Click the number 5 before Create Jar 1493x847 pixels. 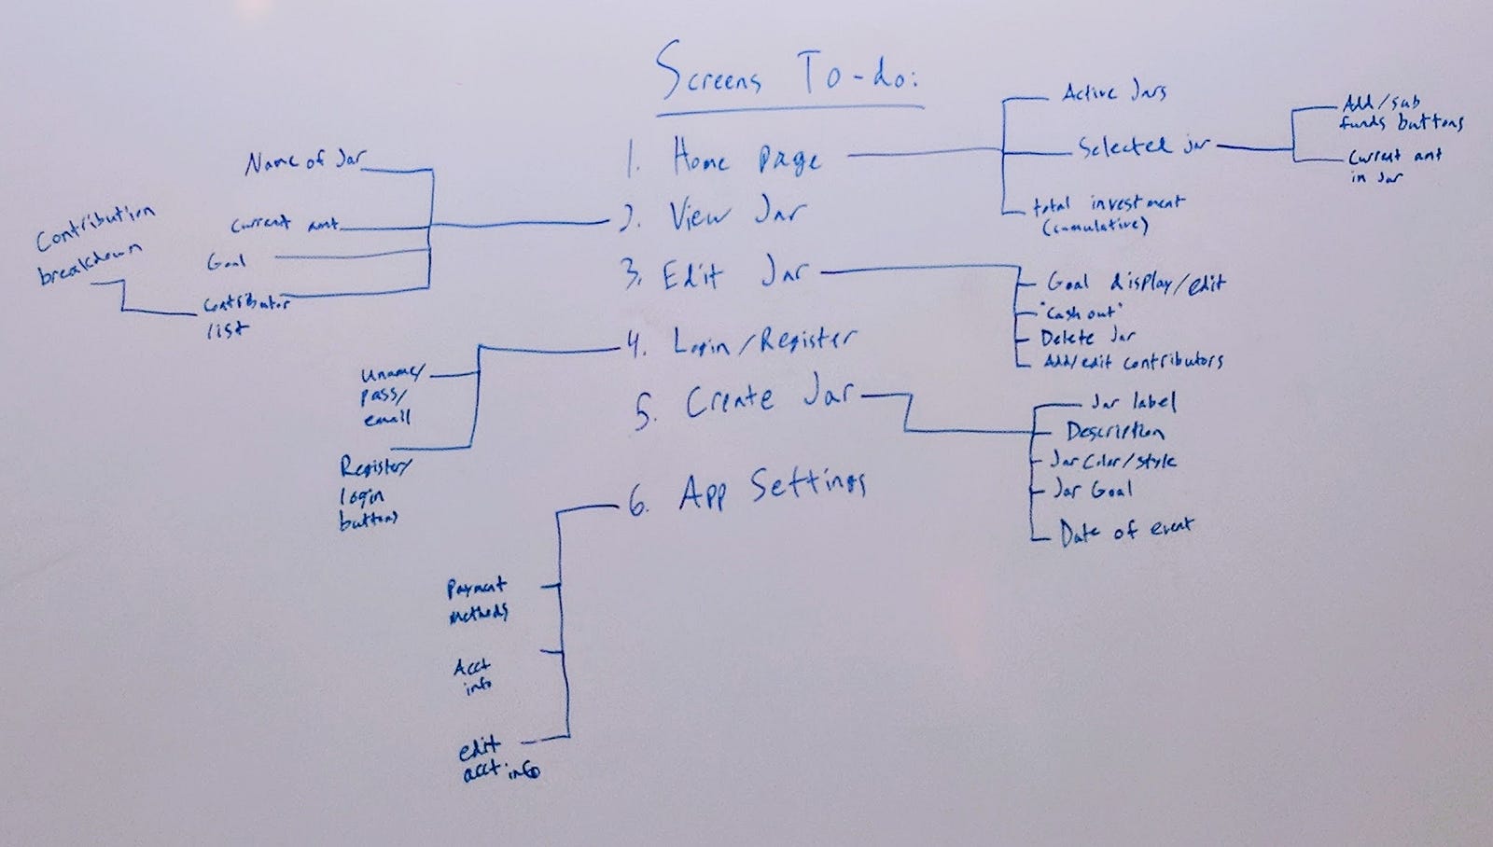point(644,410)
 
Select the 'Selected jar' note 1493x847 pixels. point(1144,146)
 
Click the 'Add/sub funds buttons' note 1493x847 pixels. point(1402,113)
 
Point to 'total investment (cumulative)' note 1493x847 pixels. point(1107,214)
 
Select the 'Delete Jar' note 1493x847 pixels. point(1088,337)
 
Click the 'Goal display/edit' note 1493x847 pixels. point(1135,283)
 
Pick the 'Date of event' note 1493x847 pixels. point(1125,531)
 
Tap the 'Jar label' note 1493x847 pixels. point(1133,402)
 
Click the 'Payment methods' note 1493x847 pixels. point(477,600)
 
